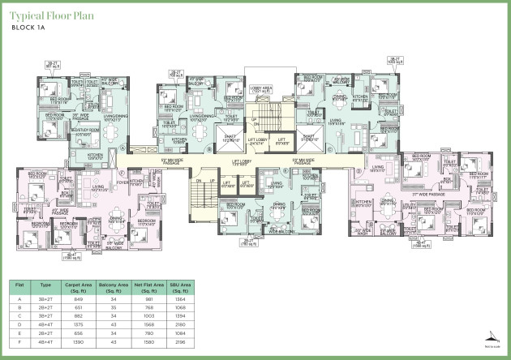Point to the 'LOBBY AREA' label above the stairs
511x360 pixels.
pos(261,88)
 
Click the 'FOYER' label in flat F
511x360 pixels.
pos(134,183)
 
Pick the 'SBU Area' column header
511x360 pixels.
pos(181,288)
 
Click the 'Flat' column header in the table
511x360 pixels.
pos(19,288)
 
